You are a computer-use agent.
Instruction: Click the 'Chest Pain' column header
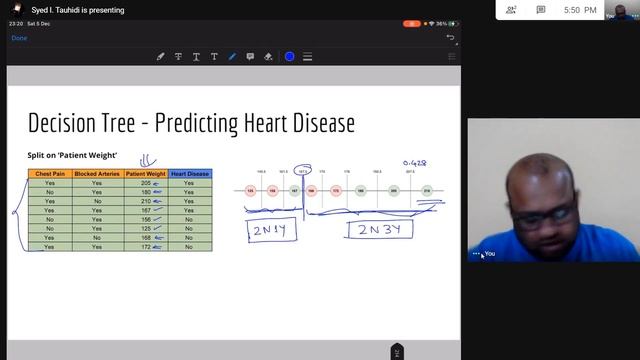pyautogui.click(x=50, y=174)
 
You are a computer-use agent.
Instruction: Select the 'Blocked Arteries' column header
pyautogui.click(x=97, y=174)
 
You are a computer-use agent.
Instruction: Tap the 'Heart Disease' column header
pyautogui.click(x=189, y=174)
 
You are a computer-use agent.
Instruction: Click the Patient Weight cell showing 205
pyautogui.click(x=145, y=184)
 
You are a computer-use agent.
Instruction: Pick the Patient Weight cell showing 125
pyautogui.click(x=145, y=229)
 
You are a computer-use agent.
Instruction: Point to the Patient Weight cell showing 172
pyautogui.click(x=145, y=247)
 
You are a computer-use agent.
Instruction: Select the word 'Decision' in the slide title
pyautogui.click(x=68, y=124)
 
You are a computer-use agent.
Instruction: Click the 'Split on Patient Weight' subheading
pyautogui.click(x=72, y=155)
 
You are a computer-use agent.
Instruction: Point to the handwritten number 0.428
pyautogui.click(x=415, y=162)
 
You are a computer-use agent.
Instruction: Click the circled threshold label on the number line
pyautogui.click(x=302, y=171)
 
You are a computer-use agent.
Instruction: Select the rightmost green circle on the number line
pyautogui.click(x=427, y=190)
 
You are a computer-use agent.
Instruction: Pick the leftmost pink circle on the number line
pyautogui.click(x=250, y=190)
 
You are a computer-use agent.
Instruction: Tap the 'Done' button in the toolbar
pyautogui.click(x=19, y=38)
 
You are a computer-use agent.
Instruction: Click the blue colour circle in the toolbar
pyautogui.click(x=290, y=57)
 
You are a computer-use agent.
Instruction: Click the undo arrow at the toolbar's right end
pyautogui.click(x=450, y=38)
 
